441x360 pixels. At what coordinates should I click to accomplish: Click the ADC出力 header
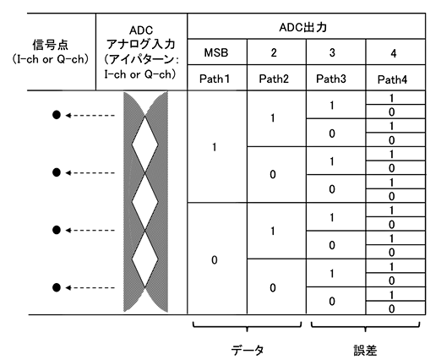point(303,28)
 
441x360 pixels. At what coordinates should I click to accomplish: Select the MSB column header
point(216,52)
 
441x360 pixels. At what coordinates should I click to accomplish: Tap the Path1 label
point(215,79)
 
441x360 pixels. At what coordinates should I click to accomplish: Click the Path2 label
point(274,79)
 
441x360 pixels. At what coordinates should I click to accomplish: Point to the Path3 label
point(331,79)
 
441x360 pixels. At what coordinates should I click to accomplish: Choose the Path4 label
point(392,79)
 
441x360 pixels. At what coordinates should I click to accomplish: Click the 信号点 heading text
point(51,45)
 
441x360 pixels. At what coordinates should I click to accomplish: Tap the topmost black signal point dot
point(57,115)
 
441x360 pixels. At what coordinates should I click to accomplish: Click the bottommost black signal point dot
point(57,287)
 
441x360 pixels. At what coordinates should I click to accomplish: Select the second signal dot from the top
point(57,172)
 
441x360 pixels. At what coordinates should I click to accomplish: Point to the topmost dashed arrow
point(90,115)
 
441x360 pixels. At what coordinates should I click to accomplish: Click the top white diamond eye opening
point(145,145)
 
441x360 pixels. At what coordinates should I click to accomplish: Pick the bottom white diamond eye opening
point(145,259)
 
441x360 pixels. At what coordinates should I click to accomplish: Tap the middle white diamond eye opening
point(145,202)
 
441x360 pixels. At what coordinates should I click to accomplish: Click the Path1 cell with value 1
point(217,147)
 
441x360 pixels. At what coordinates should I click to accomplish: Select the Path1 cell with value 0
point(217,259)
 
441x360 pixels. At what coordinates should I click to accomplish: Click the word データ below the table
point(248,350)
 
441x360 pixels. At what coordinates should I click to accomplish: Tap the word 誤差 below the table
point(365,351)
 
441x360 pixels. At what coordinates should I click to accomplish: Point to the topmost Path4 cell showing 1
point(395,98)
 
